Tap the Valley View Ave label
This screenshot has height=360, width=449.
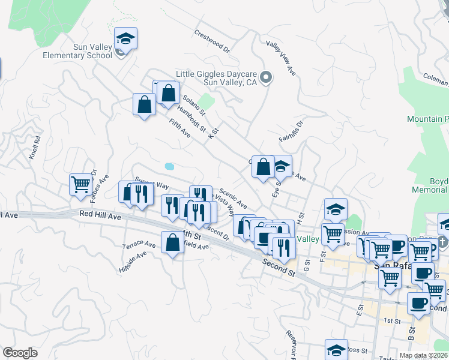click(282, 58)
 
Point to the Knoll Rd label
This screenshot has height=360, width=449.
click(35, 147)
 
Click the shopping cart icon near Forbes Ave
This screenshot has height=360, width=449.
click(80, 185)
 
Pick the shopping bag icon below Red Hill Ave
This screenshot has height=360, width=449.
click(172, 243)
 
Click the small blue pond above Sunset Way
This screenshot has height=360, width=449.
click(169, 166)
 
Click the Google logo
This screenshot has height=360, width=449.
click(20, 353)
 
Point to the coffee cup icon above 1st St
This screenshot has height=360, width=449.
click(418, 302)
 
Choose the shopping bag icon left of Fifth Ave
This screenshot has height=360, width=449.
click(144, 104)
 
